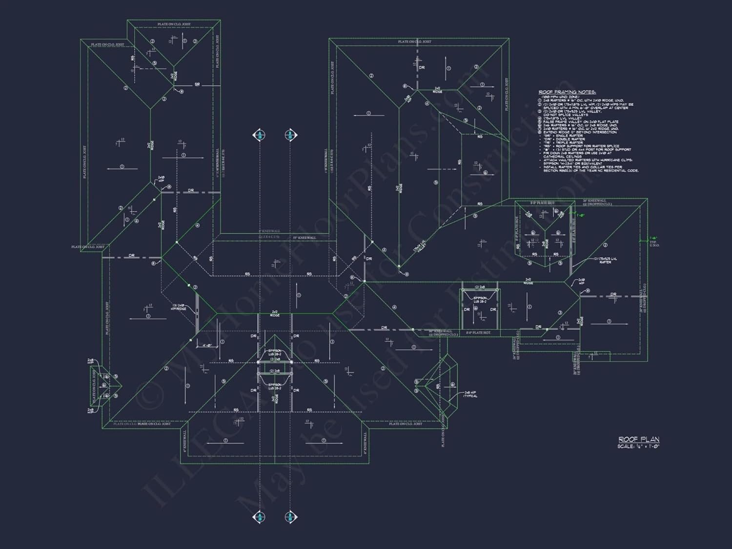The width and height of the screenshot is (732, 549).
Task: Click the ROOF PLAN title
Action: coord(638,440)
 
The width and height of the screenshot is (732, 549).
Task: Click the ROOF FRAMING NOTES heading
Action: coord(567,92)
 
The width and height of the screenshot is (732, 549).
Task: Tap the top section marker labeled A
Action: coord(260,135)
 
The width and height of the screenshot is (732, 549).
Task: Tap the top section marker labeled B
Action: coord(290,135)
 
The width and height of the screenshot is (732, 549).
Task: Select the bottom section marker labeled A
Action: coord(260,517)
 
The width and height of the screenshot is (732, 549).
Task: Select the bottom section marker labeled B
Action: coord(290,517)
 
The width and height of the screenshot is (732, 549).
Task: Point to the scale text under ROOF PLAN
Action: coord(638,447)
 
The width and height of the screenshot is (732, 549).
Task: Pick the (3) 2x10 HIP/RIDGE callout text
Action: coord(178,307)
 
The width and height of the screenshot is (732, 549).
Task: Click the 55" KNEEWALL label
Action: coord(304,238)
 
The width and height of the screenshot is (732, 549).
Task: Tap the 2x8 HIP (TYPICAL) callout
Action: coord(470,394)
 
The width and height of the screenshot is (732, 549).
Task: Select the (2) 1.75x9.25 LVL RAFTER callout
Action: coord(605,260)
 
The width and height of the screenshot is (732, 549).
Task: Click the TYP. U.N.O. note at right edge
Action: coord(654,244)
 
